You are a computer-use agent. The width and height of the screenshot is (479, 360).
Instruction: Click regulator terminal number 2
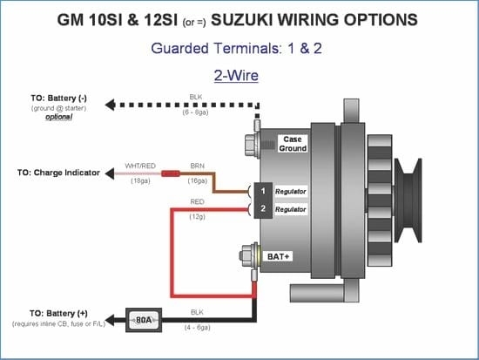pyautogui.click(x=262, y=208)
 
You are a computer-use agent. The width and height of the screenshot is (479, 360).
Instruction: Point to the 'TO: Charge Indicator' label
pyautogui.click(x=58, y=173)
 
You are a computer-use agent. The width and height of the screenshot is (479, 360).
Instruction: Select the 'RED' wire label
pyautogui.click(x=197, y=201)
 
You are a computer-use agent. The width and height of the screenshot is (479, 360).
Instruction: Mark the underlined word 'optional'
pyautogui.click(x=59, y=117)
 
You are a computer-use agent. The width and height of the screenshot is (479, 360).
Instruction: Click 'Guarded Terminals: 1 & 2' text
pyautogui.click(x=235, y=48)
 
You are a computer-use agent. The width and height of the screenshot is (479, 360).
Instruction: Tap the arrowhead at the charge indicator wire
pyautogui.click(x=110, y=173)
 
